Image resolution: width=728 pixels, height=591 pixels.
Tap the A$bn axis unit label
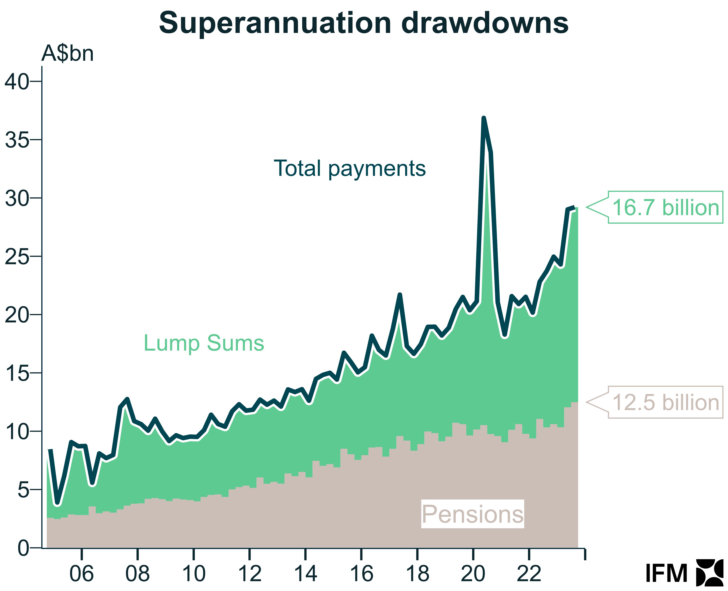68,54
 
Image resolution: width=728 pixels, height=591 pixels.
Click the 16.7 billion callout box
665,207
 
